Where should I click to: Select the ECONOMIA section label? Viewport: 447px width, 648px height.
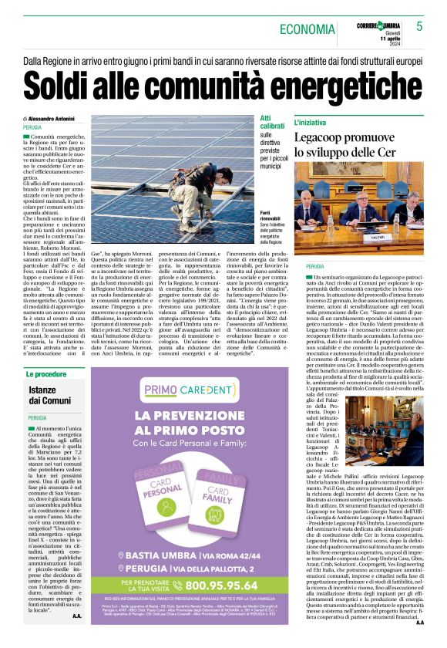coord(307,29)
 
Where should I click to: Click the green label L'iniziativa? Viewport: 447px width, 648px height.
coord(311,123)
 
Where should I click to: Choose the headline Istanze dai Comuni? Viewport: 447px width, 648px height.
coord(48,395)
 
